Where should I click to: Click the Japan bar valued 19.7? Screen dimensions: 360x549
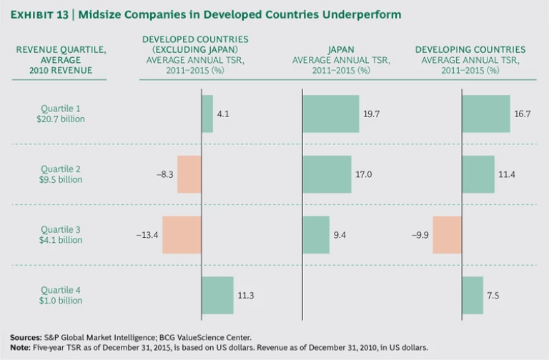point(331,114)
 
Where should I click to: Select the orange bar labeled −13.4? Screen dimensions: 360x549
point(182,234)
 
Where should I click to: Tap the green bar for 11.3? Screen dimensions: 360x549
point(217,295)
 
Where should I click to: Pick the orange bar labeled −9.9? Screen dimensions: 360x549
point(447,234)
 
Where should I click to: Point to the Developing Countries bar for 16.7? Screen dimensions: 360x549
point(486,114)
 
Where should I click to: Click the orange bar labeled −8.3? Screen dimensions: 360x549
point(189,174)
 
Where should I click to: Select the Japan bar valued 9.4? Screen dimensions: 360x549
point(316,234)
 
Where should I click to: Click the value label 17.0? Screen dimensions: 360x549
point(375,174)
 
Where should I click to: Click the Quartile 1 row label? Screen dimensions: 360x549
point(61,108)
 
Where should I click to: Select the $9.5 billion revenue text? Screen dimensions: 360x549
point(61,180)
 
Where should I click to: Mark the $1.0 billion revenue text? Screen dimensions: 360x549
point(61,300)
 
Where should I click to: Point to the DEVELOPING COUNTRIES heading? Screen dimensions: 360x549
point(470,50)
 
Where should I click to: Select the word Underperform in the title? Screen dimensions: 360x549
point(367,14)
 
